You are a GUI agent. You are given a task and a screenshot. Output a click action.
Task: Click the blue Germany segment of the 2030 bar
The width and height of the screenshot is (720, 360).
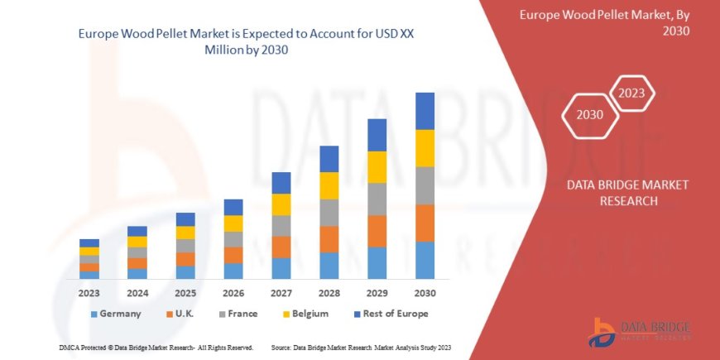coord(425,260)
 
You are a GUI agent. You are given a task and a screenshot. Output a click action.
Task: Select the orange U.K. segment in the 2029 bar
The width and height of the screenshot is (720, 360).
coord(377,231)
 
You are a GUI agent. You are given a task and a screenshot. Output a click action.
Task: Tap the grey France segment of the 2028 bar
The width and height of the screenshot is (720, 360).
coord(329,213)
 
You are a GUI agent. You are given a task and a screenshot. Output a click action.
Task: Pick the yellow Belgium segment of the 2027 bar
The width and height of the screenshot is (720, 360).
coord(281,204)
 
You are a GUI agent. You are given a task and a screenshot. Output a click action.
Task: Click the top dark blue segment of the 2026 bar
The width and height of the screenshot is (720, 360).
coord(233,207)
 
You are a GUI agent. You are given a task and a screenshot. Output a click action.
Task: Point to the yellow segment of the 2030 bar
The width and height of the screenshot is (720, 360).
coord(425,148)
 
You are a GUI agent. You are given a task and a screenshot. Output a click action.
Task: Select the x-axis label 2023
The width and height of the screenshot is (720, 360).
coord(89,292)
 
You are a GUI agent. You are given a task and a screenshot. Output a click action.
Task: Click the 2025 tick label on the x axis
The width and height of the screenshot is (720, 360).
coord(185,292)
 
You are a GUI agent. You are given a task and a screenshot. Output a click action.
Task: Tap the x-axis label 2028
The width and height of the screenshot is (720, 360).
coord(329,292)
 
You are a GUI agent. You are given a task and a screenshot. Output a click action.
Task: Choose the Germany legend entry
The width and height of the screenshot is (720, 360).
coord(115,314)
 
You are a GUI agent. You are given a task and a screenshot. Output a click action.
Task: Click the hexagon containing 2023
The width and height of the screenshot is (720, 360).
coord(632,93)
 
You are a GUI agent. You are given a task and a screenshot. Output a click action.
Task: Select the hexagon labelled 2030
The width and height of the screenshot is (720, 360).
coord(589,115)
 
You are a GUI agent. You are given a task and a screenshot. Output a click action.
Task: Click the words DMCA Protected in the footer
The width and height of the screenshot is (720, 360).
coord(87,347)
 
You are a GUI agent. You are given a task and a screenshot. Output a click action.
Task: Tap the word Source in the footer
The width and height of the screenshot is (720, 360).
coord(281,347)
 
